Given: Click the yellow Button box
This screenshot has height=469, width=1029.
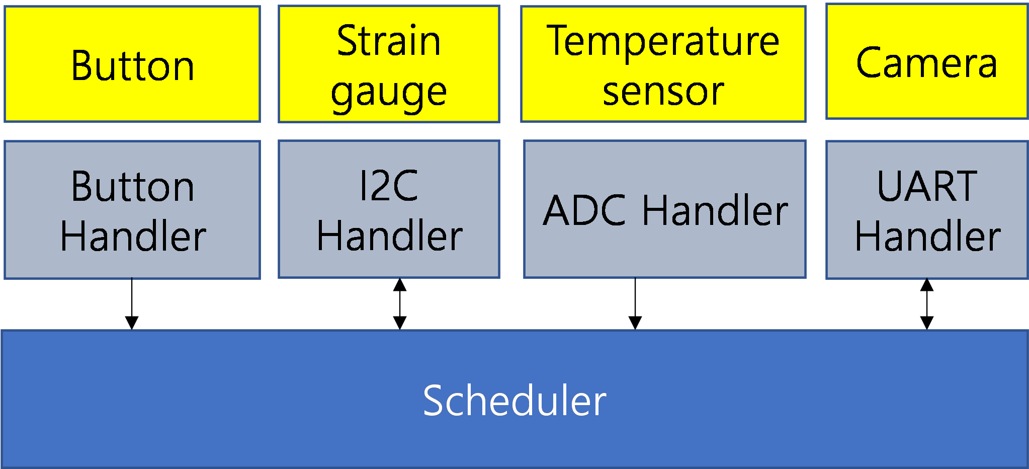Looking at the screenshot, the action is tap(132, 64).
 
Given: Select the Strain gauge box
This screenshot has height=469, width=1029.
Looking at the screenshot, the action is tap(389, 64).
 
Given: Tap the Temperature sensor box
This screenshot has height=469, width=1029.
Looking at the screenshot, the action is tap(663, 64).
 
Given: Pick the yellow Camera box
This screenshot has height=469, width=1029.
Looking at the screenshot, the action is tap(927, 61).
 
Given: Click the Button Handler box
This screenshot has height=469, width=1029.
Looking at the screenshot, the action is tap(132, 210).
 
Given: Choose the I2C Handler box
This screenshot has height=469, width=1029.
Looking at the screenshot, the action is tap(389, 209).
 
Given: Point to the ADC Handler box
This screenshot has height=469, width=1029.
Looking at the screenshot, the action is tap(665, 209).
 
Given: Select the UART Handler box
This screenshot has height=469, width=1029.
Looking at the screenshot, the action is tap(927, 210).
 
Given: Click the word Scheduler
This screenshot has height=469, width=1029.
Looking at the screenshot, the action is tap(514, 401).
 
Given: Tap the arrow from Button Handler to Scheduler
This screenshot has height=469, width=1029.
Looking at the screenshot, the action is tap(132, 304).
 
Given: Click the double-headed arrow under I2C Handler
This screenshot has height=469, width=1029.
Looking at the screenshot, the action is tap(400, 304).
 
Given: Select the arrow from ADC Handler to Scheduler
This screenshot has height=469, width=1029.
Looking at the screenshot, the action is tap(635, 304).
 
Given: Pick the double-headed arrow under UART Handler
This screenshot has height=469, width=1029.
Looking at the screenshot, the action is tap(927, 304).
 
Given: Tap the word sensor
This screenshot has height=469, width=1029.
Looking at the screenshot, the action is tap(663, 92).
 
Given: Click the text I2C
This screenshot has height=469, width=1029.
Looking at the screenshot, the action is tap(389, 186).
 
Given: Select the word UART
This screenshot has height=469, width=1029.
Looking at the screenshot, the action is tap(927, 186).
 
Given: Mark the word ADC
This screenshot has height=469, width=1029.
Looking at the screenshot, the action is tap(584, 210).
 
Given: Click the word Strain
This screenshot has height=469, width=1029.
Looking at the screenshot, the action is tap(389, 41).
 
